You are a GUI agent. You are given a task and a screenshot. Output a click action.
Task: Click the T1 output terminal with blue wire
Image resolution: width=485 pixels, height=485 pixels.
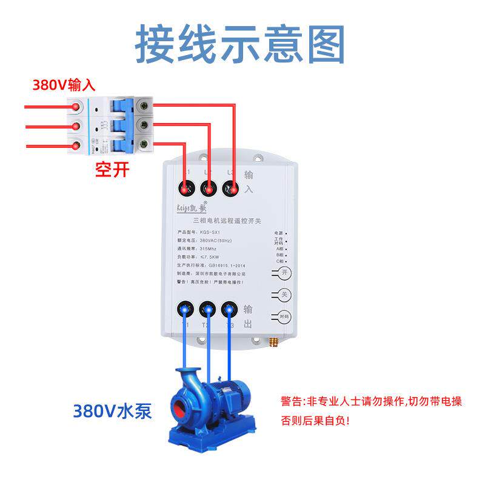pos(186,310)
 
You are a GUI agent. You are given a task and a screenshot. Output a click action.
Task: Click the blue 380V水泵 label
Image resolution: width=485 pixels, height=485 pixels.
pos(112,412)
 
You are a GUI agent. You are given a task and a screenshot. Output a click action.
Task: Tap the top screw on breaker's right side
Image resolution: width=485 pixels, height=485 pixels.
pos(144,104)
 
